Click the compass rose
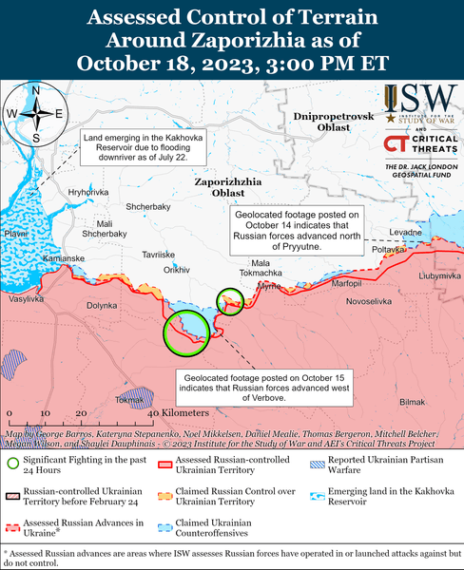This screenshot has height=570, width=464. coord(35,114)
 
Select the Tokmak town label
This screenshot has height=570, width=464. coord(129,400)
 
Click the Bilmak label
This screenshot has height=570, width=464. coord(413,402)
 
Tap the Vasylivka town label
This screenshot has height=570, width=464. coord(26,299)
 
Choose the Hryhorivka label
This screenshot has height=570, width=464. coord(89,192)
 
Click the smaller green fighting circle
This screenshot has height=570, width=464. coord(231,301)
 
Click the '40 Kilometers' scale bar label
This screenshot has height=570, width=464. coord(178,414)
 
